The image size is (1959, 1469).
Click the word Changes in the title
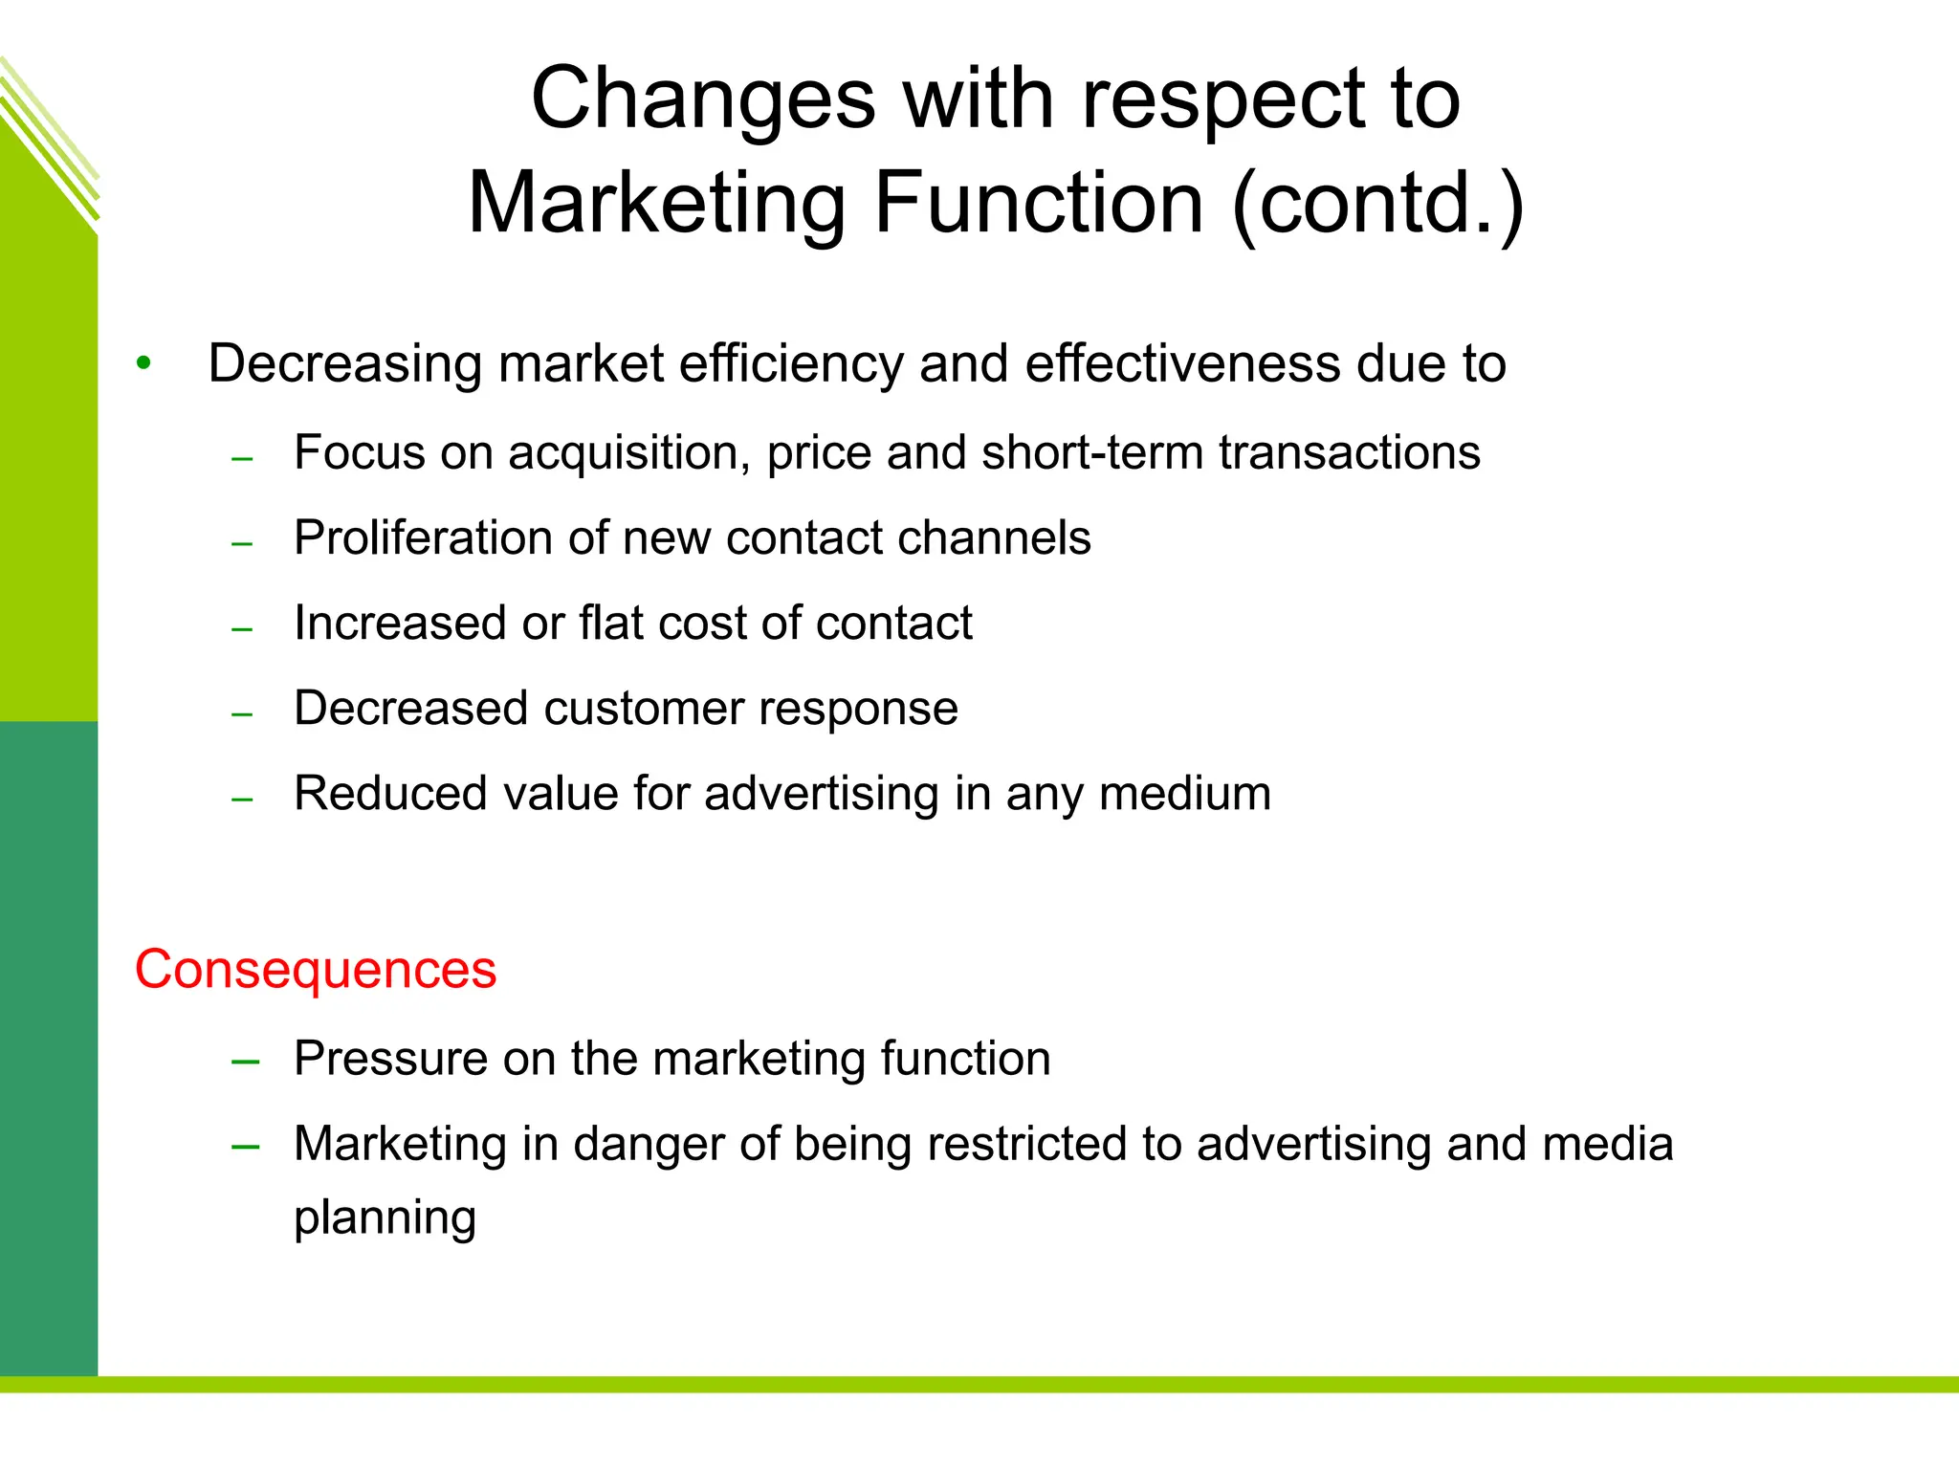pyautogui.click(x=703, y=100)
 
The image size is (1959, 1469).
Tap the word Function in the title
pyautogui.click(x=1038, y=203)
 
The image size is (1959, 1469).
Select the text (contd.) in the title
pyautogui.click(x=1377, y=203)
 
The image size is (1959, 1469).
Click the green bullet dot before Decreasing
pyautogui.click(x=143, y=363)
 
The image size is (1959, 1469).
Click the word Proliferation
pyautogui.click(x=423, y=537)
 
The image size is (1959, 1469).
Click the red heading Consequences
pyautogui.click(x=316, y=970)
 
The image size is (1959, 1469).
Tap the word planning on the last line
pyautogui.click(x=385, y=1218)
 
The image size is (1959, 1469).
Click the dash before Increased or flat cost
pyautogui.click(x=242, y=629)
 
